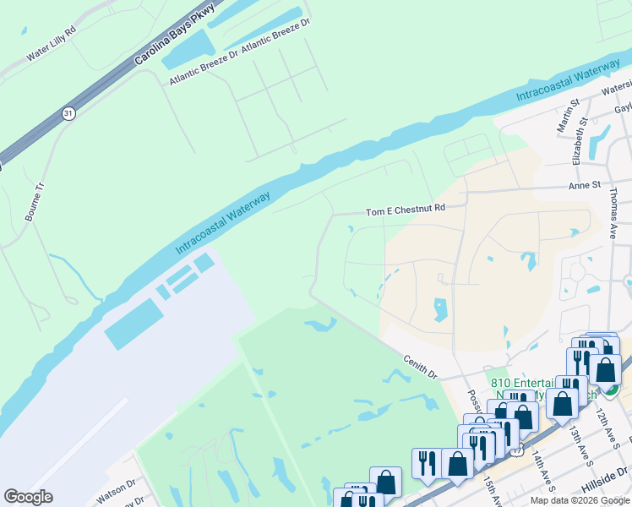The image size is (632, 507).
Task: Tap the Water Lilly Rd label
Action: coord(51,51)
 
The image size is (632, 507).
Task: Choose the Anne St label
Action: coord(584,184)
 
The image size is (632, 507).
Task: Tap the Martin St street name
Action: coord(563,113)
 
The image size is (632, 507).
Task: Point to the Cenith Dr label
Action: coord(420,366)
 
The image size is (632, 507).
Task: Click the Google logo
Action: coord(28,497)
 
